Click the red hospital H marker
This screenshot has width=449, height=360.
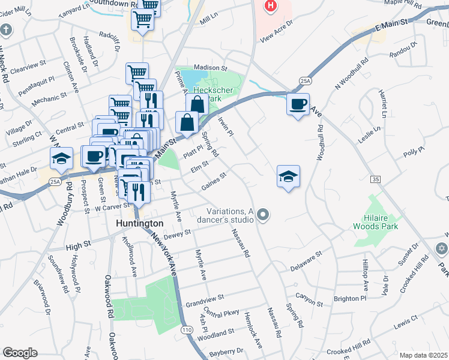pyautogui.click(x=271, y=6)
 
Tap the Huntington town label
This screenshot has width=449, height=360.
pyautogui.click(x=139, y=223)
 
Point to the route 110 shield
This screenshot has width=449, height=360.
pyautogui.click(x=187, y=330)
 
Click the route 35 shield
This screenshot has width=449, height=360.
pyautogui.click(x=376, y=179)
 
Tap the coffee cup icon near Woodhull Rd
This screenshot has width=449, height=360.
pyautogui.click(x=298, y=104)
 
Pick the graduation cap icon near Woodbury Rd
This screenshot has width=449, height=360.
pyautogui.click(x=61, y=158)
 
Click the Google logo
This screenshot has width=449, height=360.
pyautogui.click(x=20, y=353)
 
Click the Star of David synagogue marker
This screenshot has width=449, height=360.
pyautogui.click(x=442, y=248)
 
